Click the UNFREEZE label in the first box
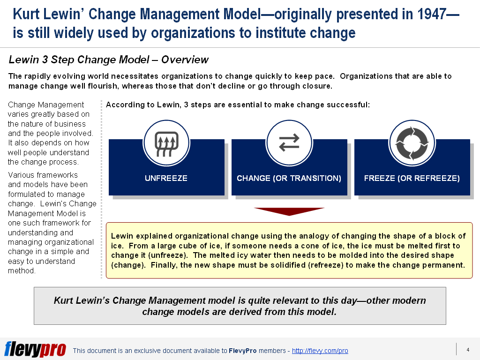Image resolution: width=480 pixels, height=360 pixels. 166,178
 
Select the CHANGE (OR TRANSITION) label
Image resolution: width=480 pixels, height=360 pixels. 289,178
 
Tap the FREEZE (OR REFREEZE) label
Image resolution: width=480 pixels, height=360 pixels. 412,178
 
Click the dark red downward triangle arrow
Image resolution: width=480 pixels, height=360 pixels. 289,211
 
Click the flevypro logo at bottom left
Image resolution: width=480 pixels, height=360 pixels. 35,350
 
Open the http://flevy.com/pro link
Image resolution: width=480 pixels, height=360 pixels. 320,351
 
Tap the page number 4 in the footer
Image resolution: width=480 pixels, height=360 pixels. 468,350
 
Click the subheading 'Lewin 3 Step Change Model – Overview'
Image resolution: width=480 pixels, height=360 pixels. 109,60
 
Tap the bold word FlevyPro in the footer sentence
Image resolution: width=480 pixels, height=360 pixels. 242,351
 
